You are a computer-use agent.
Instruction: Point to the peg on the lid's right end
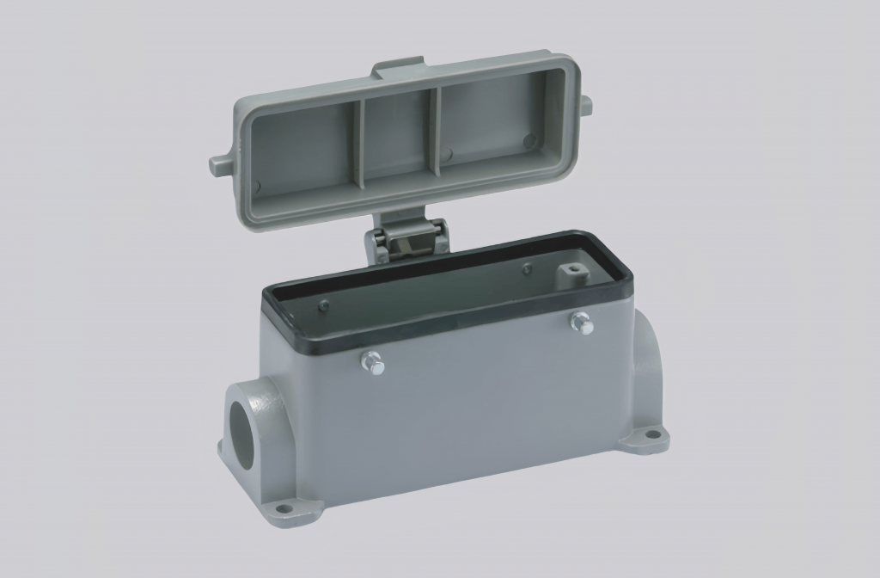tap(584, 104)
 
